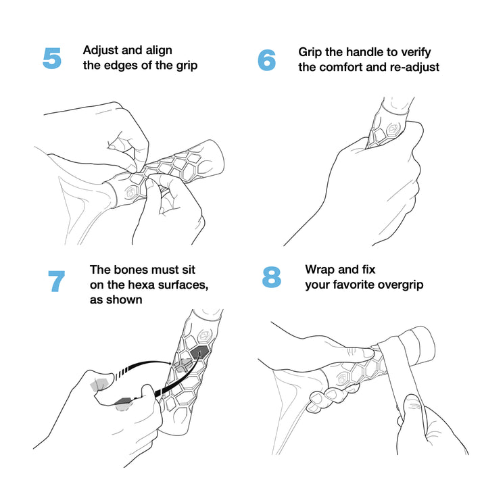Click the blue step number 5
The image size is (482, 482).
tap(52, 58)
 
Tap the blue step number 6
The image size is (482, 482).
tap(266, 60)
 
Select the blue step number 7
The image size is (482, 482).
tap(57, 281)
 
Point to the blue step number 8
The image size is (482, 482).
tap(272, 277)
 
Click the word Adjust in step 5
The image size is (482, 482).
tap(100, 51)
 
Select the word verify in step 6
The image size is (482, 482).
tap(416, 53)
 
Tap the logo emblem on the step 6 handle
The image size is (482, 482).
tap(393, 129)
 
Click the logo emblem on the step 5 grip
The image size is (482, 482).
tap(130, 193)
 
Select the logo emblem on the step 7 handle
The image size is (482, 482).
tap(203, 336)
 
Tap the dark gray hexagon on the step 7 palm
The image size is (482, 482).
tap(124, 401)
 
